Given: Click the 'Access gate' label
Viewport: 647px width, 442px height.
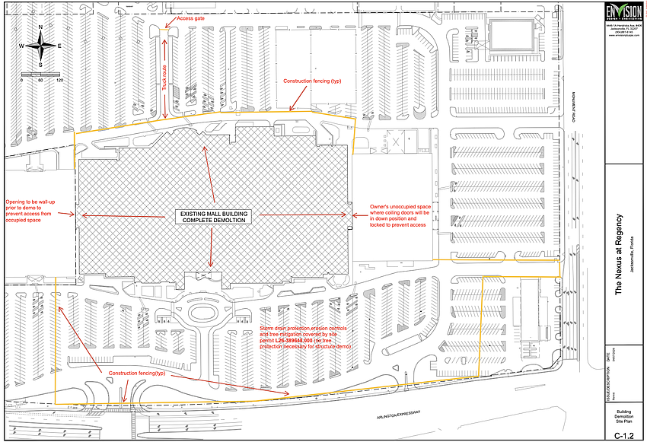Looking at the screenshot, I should coord(191,17).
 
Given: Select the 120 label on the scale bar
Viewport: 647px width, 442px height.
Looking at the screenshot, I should coord(59,80).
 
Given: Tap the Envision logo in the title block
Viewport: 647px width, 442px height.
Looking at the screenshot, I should coord(622,14).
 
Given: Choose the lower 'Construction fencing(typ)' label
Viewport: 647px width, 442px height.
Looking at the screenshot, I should coord(137,374).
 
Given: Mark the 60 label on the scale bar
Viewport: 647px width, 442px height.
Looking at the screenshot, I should coord(40,80).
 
